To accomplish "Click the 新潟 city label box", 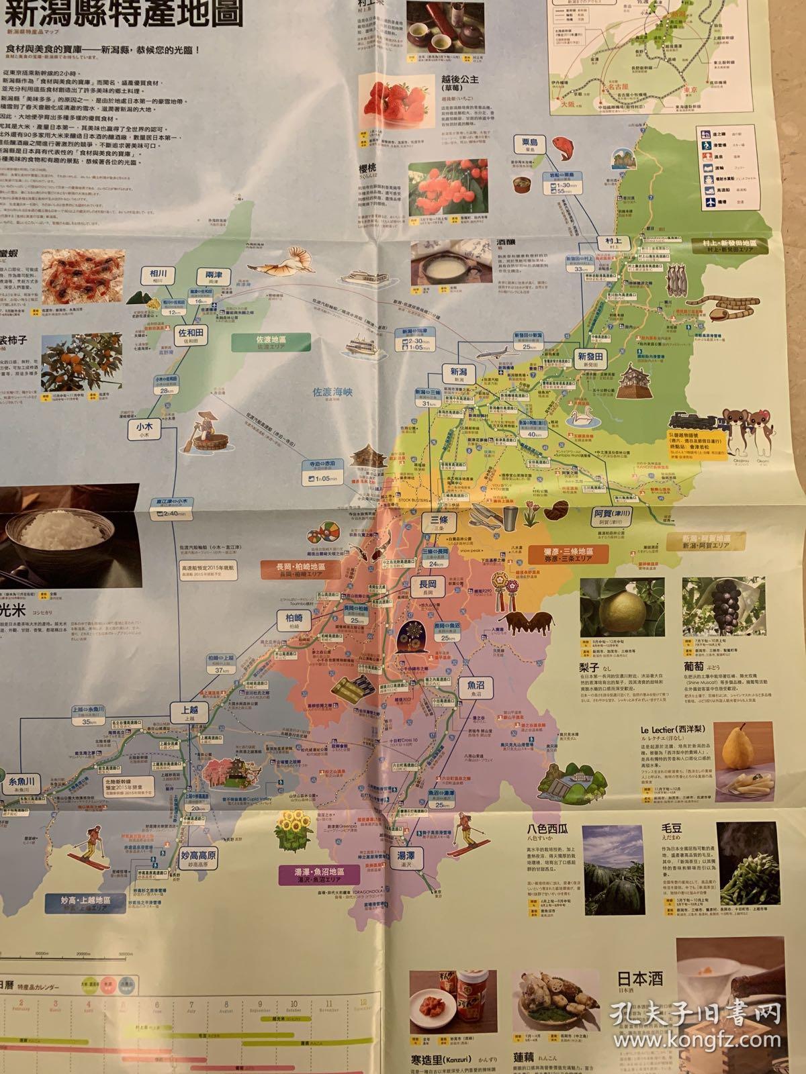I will coord(458,373).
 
